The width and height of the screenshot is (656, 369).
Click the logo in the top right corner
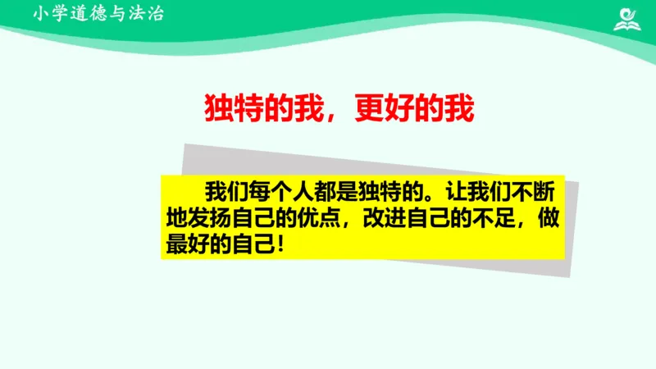coord(629,17)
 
